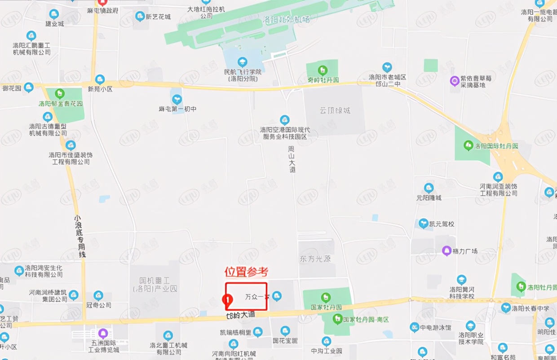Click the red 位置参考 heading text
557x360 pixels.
246,272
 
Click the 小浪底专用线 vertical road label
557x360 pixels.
80,237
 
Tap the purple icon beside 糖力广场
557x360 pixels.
446,250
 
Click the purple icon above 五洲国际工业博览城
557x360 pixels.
103,333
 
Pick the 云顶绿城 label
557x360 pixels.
335,110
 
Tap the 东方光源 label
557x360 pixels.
315,259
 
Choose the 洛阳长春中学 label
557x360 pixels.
530,308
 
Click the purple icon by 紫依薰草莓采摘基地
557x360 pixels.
455,81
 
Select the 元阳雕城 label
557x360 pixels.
429,198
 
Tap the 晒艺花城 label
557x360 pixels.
159,17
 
